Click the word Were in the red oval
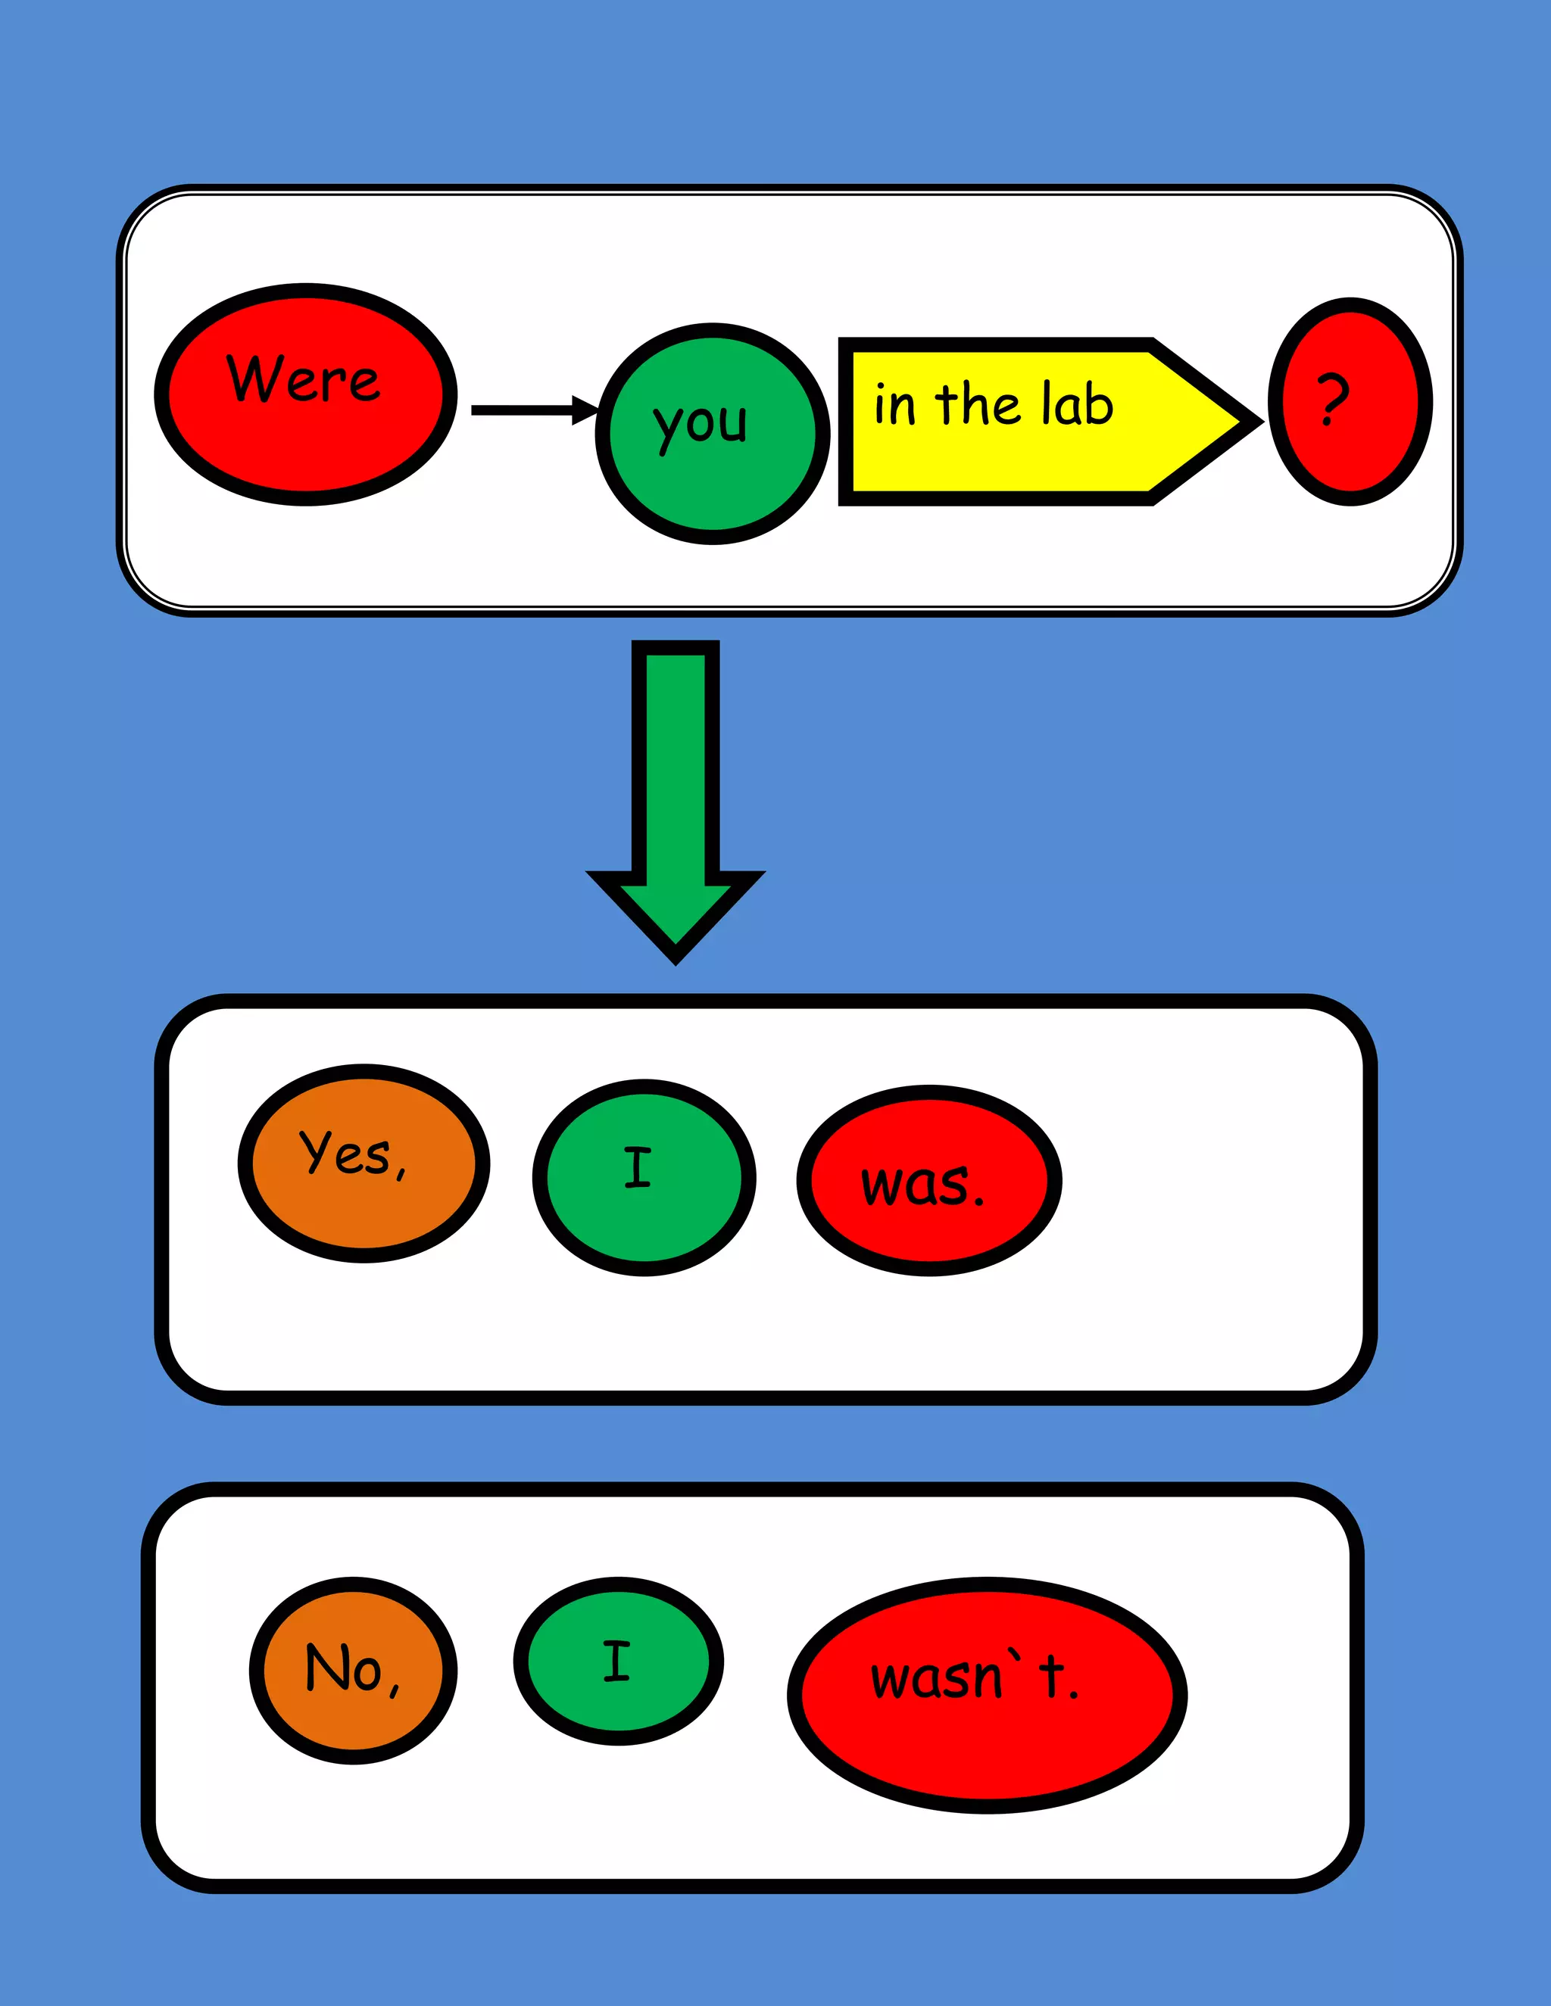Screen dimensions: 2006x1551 pos(303,378)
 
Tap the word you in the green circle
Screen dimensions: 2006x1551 pos(701,425)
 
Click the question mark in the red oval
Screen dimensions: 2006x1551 pos(1332,400)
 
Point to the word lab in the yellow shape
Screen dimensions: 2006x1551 pos(1078,404)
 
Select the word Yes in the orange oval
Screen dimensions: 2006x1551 pos(344,1153)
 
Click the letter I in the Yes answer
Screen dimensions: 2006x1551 pos(638,1167)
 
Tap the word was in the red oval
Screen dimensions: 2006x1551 pos(915,1185)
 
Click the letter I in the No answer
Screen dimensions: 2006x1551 pos(616,1661)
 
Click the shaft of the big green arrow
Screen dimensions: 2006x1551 pos(676,762)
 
